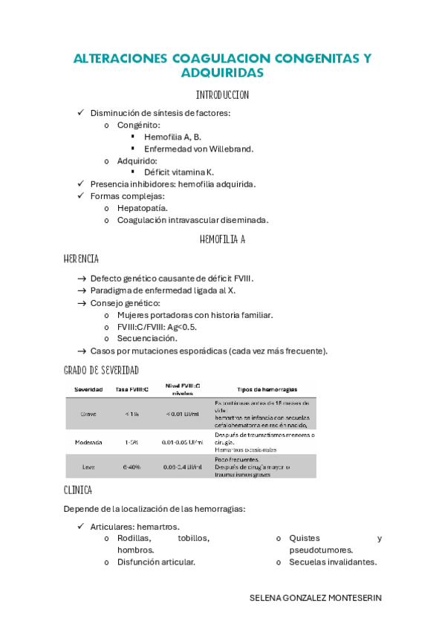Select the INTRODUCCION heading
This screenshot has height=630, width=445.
pyautogui.click(x=222, y=95)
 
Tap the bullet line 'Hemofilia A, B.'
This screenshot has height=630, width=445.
pyautogui.click(x=172, y=137)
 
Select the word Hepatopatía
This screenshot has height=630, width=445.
pyautogui.click(x=142, y=208)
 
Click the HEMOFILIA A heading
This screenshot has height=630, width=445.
pyautogui.click(x=222, y=239)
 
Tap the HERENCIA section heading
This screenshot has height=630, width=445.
pyautogui.click(x=81, y=259)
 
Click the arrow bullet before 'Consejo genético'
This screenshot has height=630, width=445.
pyautogui.click(x=82, y=303)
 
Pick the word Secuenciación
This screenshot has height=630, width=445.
pyautogui.click(x=147, y=338)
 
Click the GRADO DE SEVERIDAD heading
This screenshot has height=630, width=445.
pyautogui.click(x=101, y=370)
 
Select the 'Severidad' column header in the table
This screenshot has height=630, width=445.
pyautogui.click(x=88, y=389)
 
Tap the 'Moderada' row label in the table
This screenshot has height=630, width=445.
pyautogui.click(x=88, y=442)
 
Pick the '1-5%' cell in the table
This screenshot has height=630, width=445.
pyautogui.click(x=132, y=442)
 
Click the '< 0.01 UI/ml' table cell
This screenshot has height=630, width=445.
pyautogui.click(x=182, y=413)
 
